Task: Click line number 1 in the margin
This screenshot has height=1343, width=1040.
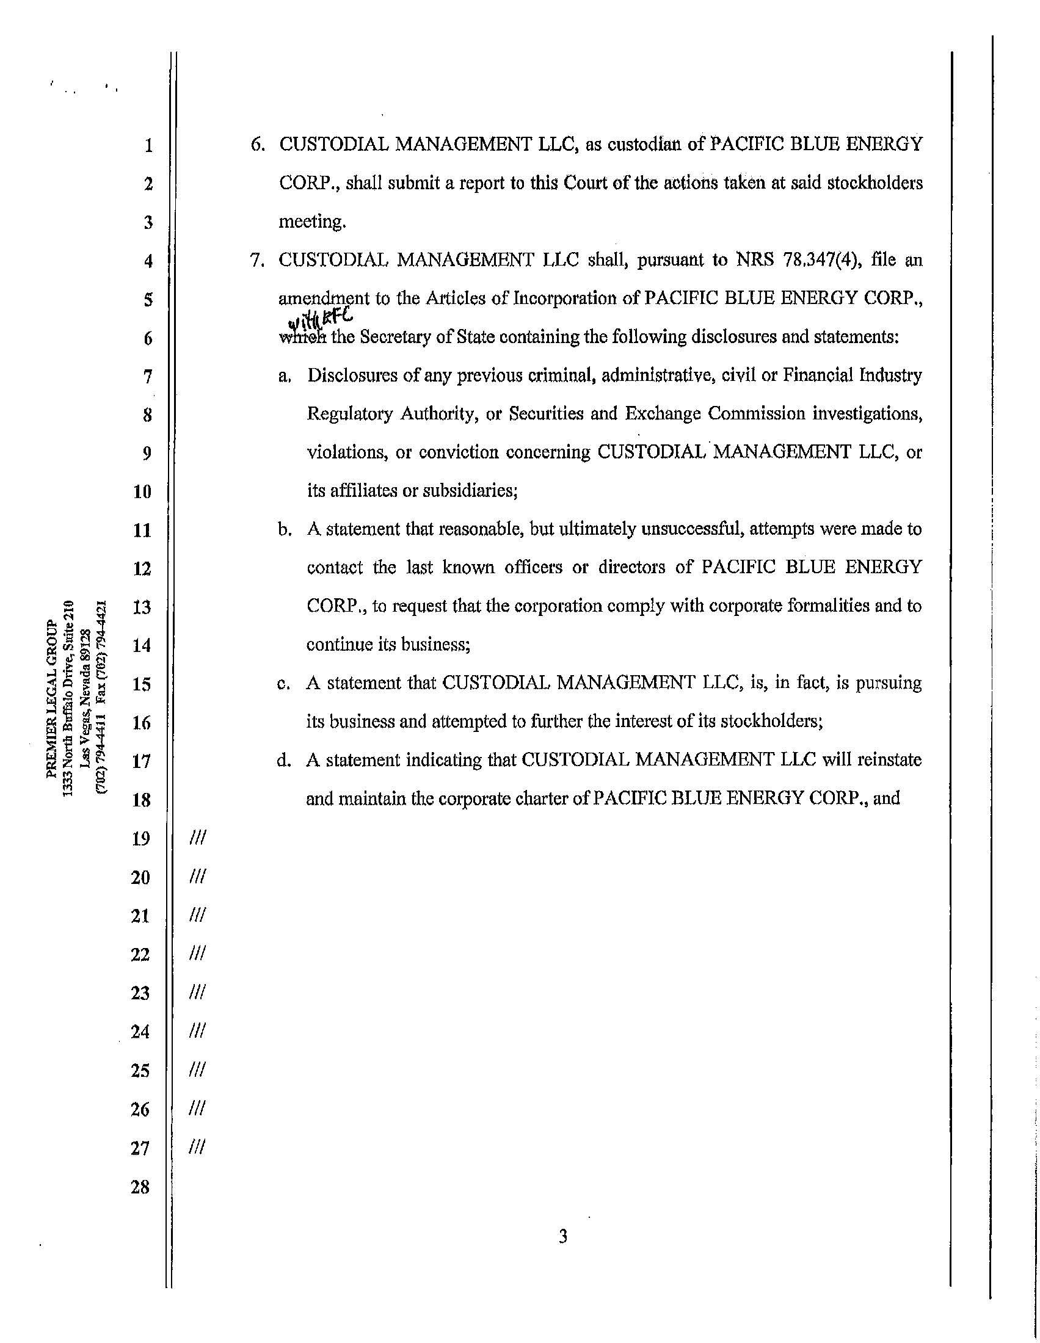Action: (x=148, y=146)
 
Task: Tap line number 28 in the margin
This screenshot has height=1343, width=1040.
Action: (x=141, y=1187)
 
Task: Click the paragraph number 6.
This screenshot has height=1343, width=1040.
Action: (x=258, y=145)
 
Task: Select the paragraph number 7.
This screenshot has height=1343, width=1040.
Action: (x=258, y=260)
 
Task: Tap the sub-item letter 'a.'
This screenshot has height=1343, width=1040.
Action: (x=284, y=375)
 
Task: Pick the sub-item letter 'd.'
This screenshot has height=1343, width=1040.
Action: (x=283, y=761)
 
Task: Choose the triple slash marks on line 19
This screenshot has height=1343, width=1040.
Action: (x=198, y=838)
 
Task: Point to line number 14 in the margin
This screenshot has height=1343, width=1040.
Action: (x=142, y=646)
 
